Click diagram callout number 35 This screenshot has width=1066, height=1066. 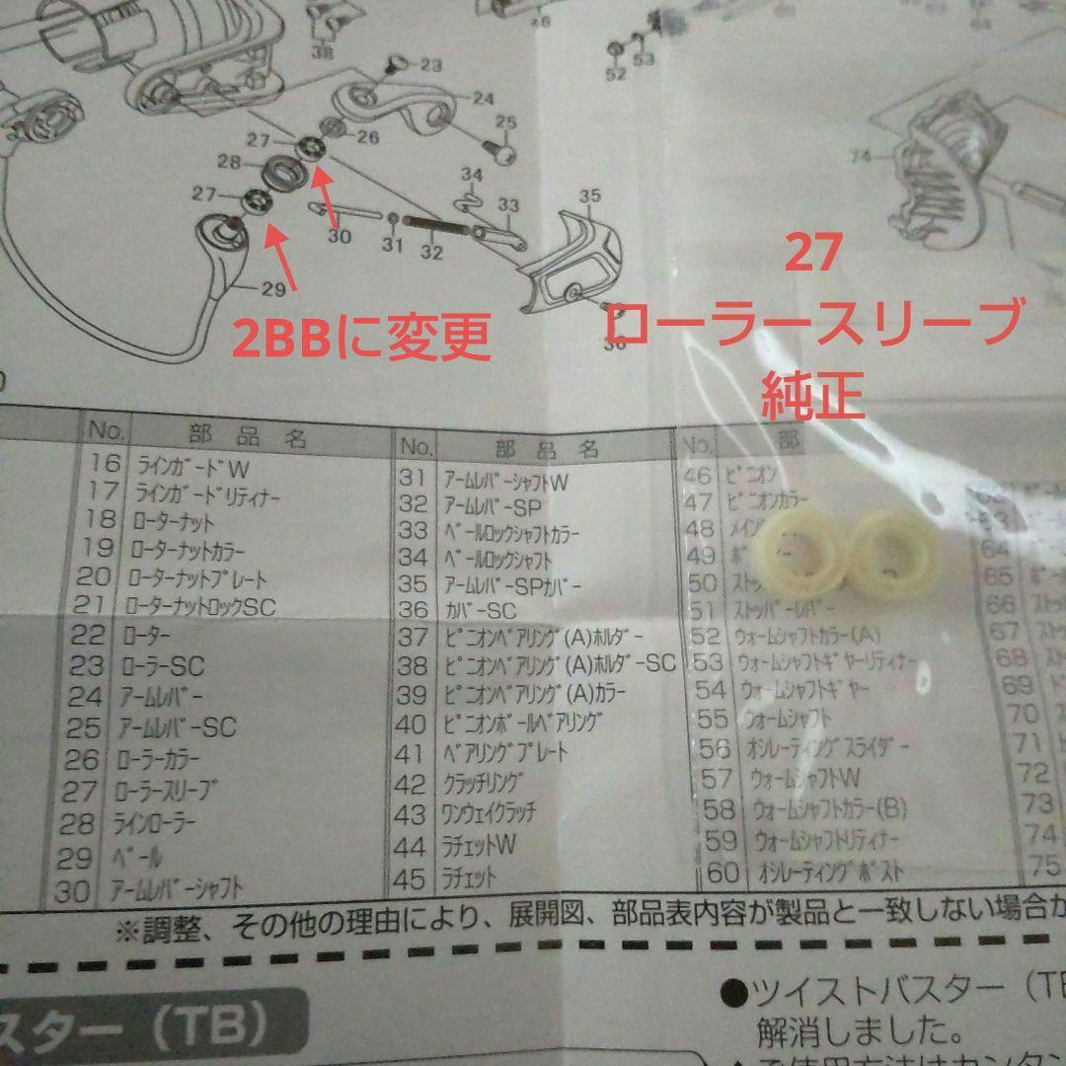[x=589, y=196]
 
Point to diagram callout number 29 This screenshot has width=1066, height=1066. [x=273, y=289]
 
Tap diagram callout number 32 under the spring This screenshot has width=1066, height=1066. [x=431, y=253]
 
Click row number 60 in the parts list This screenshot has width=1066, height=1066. [x=723, y=873]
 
